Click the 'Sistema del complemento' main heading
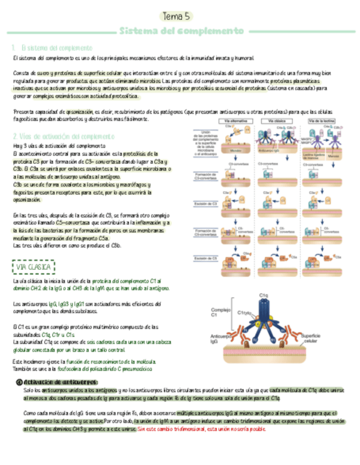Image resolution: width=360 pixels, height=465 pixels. click(x=182, y=31)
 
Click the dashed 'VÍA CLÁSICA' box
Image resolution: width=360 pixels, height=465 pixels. click(x=33, y=268)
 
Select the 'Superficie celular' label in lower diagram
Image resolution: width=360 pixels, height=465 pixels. click(x=321, y=339)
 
